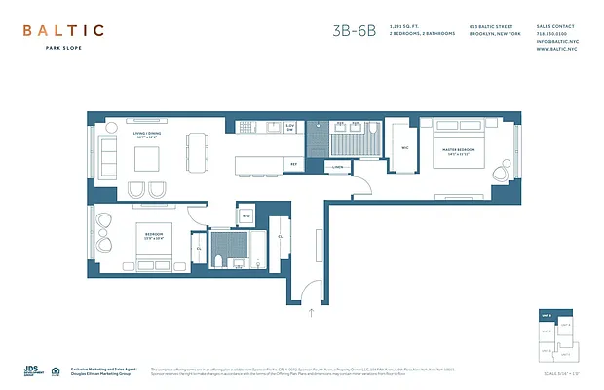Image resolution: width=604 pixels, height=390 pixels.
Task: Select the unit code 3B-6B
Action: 353,30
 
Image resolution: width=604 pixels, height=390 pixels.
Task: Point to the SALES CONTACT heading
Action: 556,26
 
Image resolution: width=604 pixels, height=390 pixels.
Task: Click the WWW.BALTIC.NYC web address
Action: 556,49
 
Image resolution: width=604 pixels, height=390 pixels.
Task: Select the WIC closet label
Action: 404,148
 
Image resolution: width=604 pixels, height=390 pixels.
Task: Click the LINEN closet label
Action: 337,167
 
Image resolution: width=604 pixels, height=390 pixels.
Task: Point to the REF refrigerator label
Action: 293,165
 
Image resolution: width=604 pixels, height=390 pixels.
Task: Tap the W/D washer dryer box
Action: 245,215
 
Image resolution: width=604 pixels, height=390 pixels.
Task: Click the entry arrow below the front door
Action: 311,312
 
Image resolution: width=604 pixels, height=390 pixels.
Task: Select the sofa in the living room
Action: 104,153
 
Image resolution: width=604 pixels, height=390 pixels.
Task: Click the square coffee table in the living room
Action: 147,157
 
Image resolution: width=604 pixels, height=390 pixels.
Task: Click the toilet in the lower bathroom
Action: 221,259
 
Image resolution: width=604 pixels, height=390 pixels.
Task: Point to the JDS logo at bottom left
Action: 31,370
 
